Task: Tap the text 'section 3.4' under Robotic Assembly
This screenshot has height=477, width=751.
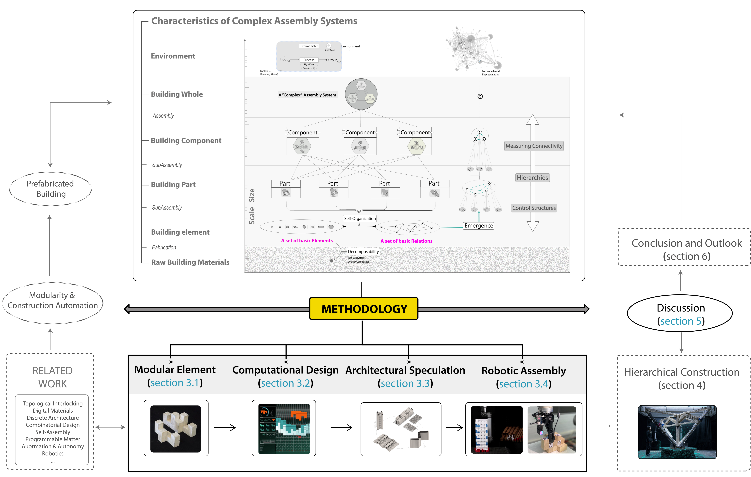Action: pos(524,384)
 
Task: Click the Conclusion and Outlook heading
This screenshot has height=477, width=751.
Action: pos(686,243)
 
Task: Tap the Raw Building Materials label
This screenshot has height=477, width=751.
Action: pos(190,262)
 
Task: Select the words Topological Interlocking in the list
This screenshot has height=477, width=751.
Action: pos(53,403)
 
